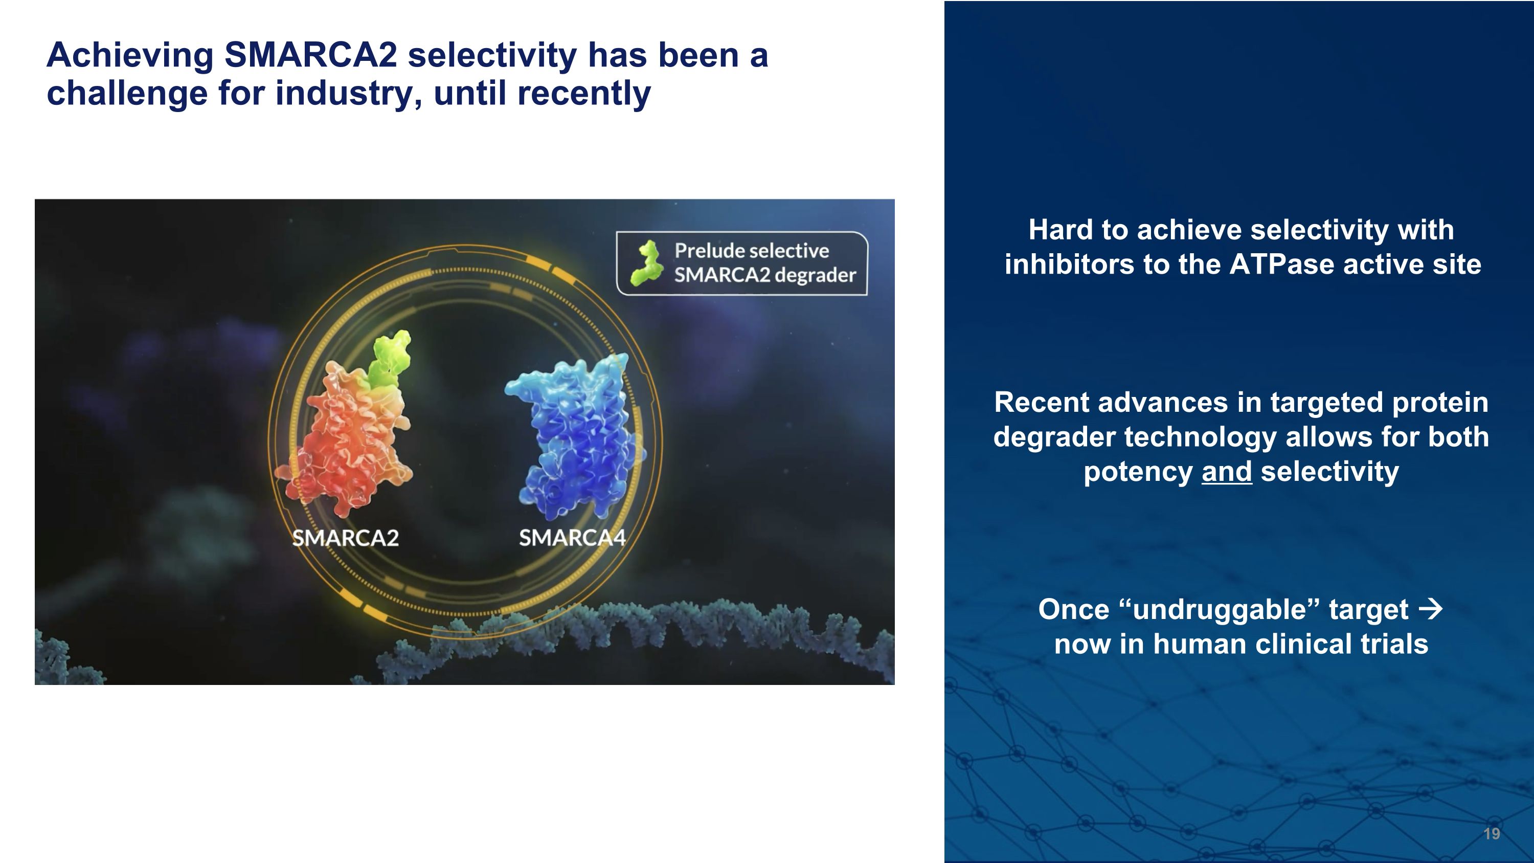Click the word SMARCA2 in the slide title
point(310,55)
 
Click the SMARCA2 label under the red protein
point(345,538)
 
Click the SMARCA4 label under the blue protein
point(572,538)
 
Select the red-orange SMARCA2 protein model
point(345,441)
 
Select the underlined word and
point(1227,472)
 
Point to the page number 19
point(1491,833)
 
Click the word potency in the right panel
point(1137,472)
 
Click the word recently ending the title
point(583,94)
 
